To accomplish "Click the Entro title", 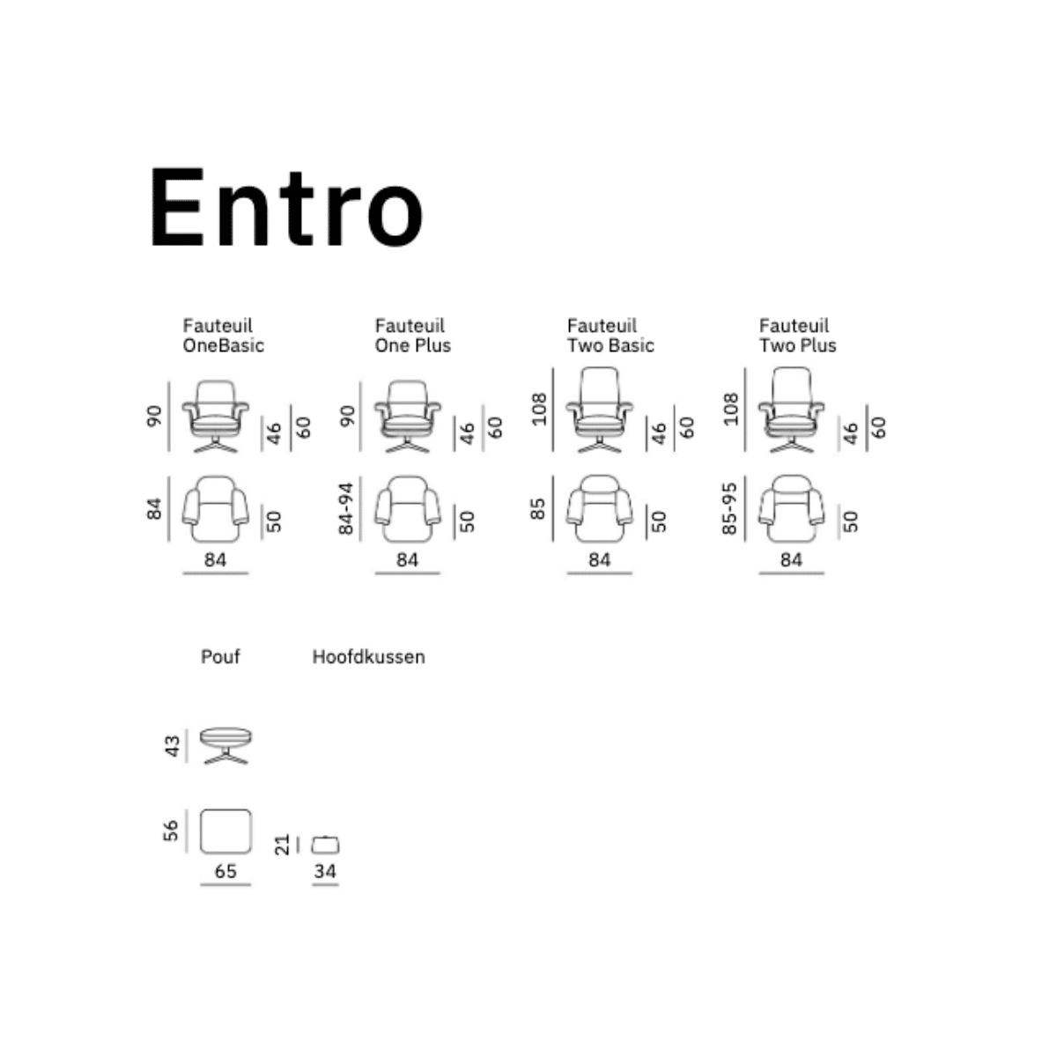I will pos(286,208).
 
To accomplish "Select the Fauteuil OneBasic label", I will pos(223,336).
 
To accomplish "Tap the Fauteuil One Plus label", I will pos(412,336).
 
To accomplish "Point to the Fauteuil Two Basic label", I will pos(610,336).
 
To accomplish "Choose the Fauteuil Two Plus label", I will pos(797,336).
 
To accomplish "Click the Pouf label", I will pos(220,656).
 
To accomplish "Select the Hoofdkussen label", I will pos(368,656).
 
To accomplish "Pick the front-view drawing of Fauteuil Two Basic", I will pos(600,410).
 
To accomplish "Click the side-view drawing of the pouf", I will pos(226,744).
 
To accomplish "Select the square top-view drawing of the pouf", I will pos(225,831).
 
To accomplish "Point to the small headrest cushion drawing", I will pos(326,844).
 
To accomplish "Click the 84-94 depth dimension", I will pos(346,508).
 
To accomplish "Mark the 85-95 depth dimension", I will pos(729,508).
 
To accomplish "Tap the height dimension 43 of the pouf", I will pos(173,745).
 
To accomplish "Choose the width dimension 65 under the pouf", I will pos(225,871).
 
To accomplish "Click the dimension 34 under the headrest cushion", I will pos(325,871).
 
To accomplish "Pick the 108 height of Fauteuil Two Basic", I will pos(539,409).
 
